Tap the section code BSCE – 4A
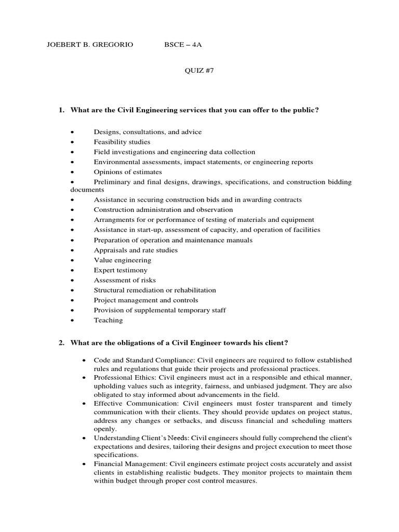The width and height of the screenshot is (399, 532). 183,45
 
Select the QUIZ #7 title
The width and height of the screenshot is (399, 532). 199,71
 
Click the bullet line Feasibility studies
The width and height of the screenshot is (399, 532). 122,142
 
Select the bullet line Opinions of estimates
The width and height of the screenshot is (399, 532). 127,172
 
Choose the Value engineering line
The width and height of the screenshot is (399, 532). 121,260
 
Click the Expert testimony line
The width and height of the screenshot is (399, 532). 120,270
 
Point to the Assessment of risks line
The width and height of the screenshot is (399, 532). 124,280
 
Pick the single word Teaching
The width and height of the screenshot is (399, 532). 108,320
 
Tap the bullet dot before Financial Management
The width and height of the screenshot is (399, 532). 84,464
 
